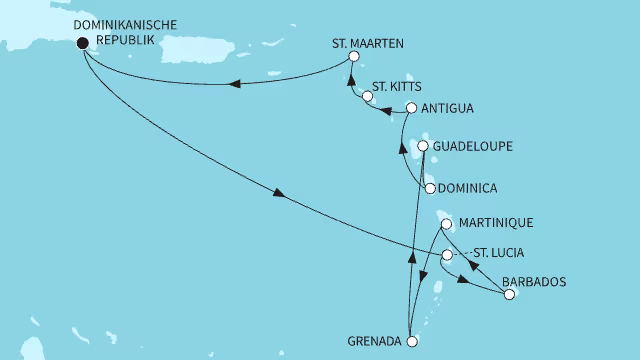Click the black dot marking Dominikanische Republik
(x=82, y=42)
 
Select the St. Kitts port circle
(x=367, y=97)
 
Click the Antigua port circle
(x=411, y=108)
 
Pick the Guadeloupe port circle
(x=423, y=146)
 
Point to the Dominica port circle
(x=429, y=188)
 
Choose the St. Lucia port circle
(x=447, y=255)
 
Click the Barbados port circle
(x=510, y=295)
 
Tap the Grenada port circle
(x=412, y=341)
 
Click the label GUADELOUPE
(x=474, y=146)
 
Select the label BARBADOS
(x=534, y=282)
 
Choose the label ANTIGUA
(x=446, y=108)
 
